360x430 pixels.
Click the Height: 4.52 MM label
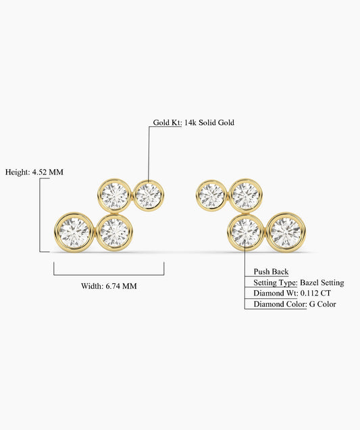[34, 172]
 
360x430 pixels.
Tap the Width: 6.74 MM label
[109, 286]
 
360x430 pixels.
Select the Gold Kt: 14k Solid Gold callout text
[193, 122]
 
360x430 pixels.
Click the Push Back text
[271, 272]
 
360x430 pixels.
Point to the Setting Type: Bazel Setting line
[299, 283]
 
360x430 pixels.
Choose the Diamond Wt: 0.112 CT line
[292, 293]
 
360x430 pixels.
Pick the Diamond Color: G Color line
[294, 304]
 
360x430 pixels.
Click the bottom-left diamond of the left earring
[74, 232]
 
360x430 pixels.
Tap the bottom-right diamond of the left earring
[114, 233]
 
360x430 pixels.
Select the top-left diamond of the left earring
[114, 195]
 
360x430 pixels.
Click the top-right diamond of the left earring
[149, 195]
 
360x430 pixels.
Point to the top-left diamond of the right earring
[211, 195]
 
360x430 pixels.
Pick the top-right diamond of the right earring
[245, 195]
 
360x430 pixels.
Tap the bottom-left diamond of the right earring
[245, 233]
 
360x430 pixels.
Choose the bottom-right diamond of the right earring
[286, 232]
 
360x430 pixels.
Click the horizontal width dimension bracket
[109, 274]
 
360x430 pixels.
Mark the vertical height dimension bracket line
[40, 215]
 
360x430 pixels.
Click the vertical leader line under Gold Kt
[149, 154]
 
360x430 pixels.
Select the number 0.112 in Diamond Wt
[309, 293]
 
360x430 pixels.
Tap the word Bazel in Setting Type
[309, 283]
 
